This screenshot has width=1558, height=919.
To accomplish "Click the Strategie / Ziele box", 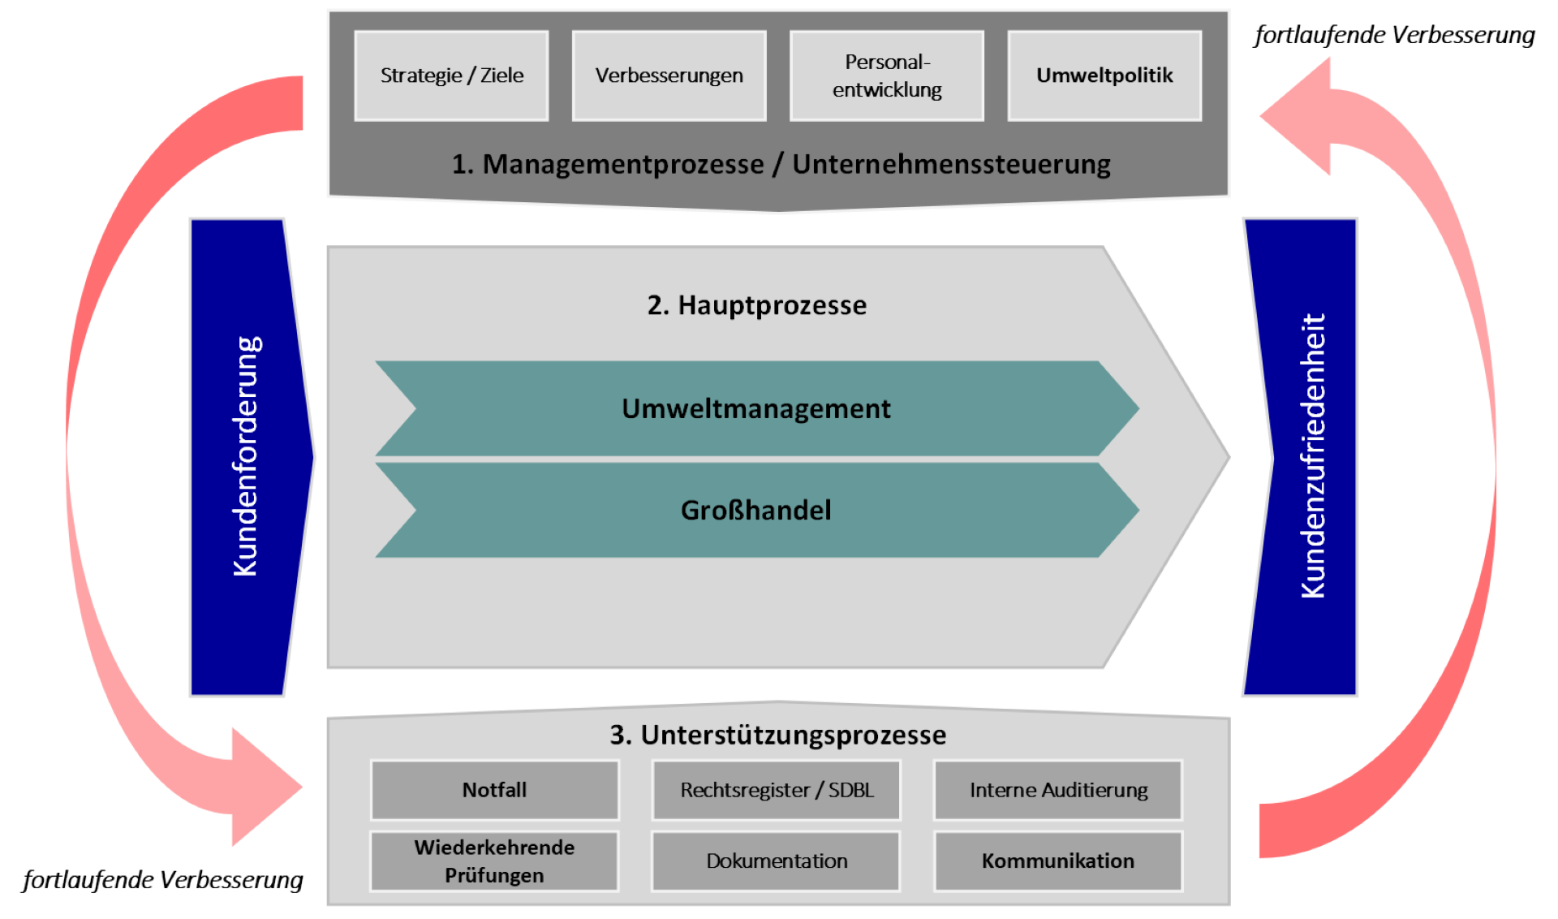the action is (451, 76).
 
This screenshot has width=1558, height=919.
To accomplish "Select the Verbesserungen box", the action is (669, 76).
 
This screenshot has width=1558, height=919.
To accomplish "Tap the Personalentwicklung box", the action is (887, 76).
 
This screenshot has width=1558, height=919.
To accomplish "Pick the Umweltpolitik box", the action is (1104, 76).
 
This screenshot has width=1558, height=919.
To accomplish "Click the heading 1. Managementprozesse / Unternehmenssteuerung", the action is (781, 164).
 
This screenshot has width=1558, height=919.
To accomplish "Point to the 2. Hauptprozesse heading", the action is (757, 305).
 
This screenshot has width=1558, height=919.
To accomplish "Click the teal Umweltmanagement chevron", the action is (757, 408).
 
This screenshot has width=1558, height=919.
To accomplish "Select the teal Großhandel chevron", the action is (757, 510).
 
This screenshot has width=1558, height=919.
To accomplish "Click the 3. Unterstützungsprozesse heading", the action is (778, 735).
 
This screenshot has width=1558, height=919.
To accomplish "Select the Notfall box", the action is (494, 790).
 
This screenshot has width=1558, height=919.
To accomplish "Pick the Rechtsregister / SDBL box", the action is (777, 790).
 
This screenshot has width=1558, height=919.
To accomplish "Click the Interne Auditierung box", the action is (1058, 790).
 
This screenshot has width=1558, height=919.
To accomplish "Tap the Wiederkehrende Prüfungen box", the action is (494, 861).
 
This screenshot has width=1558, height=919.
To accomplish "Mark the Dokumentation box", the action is (777, 861).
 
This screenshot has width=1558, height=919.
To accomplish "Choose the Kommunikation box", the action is (1058, 861).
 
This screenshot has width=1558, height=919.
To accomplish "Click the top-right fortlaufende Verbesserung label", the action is (1394, 36).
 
